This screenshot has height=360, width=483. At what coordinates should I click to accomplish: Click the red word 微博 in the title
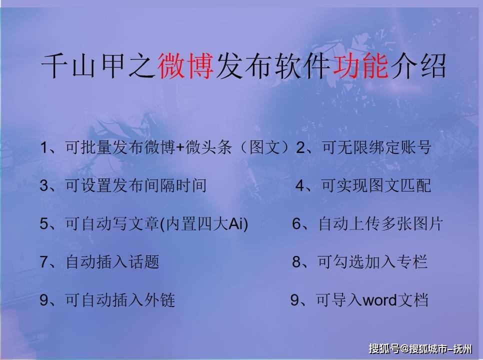[x=186, y=66]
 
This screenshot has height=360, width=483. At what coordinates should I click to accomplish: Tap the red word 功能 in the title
[x=360, y=66]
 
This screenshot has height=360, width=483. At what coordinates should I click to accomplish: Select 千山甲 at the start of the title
[x=83, y=66]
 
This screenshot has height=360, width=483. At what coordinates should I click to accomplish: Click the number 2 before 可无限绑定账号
[x=300, y=147]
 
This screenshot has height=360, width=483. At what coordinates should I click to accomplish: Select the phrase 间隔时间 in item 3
[x=175, y=185]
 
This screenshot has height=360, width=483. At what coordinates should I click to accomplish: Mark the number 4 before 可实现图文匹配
[x=300, y=185]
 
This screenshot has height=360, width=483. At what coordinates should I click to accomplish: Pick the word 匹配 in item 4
[x=416, y=185]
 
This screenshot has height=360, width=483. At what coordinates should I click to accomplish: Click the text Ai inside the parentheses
[x=236, y=223]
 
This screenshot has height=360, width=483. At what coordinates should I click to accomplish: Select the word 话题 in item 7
[x=144, y=262]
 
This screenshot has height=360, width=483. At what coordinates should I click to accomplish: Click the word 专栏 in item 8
[x=412, y=262]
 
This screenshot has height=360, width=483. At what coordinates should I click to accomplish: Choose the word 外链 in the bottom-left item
[x=159, y=300]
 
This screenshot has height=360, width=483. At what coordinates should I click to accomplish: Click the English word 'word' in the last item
[x=379, y=300]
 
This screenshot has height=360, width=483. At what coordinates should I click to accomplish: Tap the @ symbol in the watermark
[x=404, y=349]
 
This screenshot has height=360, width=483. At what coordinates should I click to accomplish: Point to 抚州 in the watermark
[x=463, y=349]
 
